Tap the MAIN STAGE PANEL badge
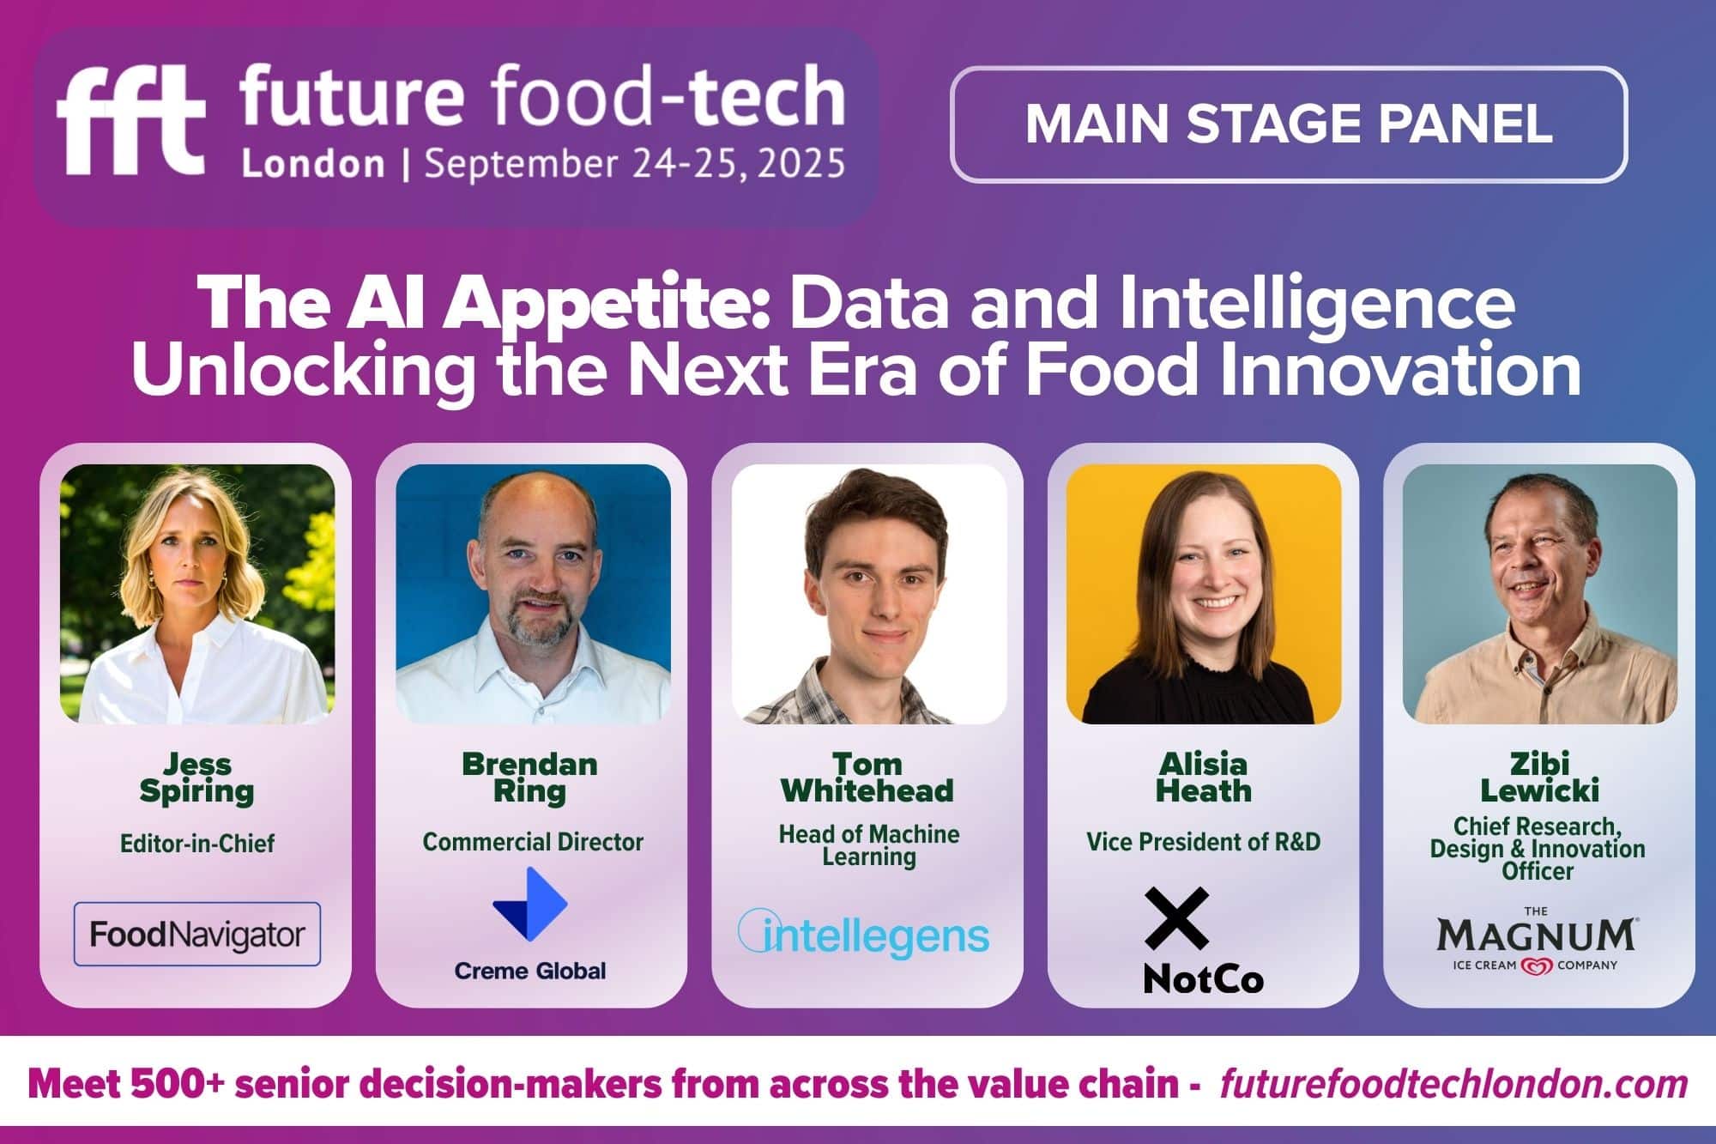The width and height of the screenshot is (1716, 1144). coord(1289,124)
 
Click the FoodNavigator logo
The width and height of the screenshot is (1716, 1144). coord(197,934)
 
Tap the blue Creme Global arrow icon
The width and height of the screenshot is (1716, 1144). coord(530,904)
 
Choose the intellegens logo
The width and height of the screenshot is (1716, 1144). coord(864,934)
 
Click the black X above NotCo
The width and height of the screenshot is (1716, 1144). coord(1177,918)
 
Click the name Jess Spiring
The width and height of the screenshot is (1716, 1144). coord(197,778)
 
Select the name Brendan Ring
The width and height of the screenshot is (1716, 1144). coord(530,778)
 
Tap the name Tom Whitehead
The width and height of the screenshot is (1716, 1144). coord(867,778)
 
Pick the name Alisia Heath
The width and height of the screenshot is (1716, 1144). coord(1204,778)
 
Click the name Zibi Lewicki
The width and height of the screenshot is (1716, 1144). coord(1539,778)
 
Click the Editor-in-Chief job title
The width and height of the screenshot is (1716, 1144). coord(197,844)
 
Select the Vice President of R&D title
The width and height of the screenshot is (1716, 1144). coord(1203,842)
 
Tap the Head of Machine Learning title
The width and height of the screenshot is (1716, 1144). coord(868,845)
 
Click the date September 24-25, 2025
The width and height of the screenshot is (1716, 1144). coord(635,164)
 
